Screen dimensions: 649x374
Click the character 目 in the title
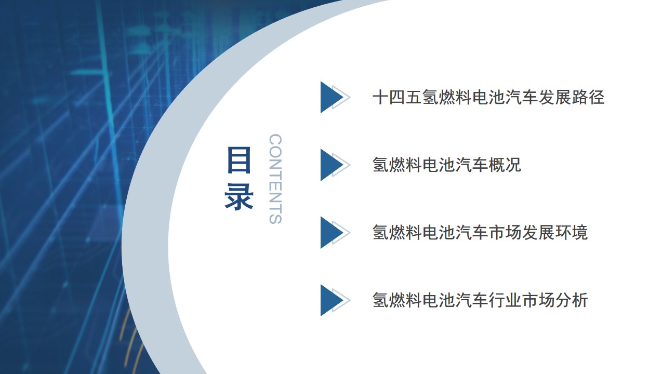(239, 160)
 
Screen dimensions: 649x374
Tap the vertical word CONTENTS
(275, 179)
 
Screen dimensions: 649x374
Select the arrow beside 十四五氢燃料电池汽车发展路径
(335, 97)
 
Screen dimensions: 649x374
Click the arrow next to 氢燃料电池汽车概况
(335, 165)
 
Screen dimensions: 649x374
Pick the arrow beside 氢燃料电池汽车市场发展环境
(335, 233)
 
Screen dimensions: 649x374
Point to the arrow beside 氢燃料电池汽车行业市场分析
(335, 300)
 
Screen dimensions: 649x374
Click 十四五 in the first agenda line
(397, 97)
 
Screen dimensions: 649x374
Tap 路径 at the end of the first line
(588, 97)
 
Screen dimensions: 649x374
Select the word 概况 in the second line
(505, 165)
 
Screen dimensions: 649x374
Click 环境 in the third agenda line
(572, 233)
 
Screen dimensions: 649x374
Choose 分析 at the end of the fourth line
(572, 300)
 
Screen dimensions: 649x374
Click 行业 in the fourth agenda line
(505, 300)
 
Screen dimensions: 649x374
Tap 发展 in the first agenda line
(555, 97)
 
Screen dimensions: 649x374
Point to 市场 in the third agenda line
(505, 233)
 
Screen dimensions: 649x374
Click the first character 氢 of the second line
(381, 165)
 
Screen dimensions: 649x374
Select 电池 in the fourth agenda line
(439, 300)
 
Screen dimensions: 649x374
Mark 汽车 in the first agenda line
(522, 97)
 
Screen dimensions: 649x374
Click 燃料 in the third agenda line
(406, 233)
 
